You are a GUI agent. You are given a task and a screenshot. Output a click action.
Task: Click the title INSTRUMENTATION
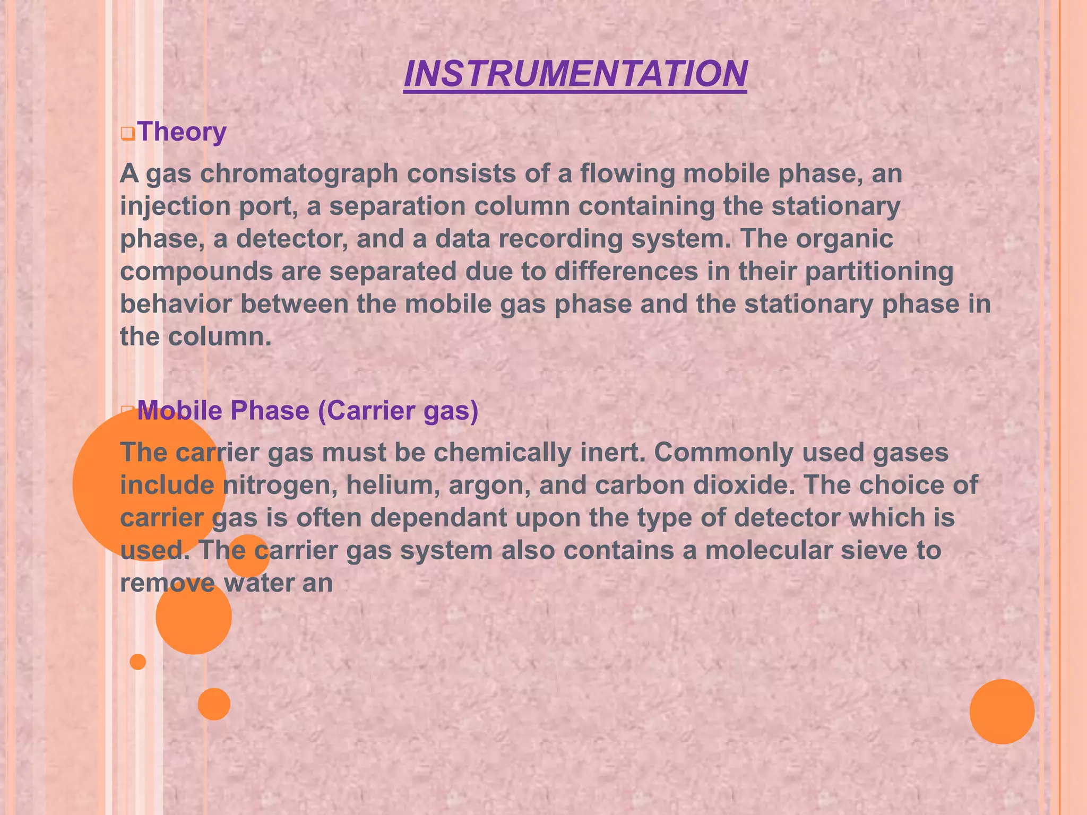(x=575, y=74)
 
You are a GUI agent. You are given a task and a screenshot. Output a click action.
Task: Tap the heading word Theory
(x=182, y=132)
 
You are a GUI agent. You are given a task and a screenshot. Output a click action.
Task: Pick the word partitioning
(x=879, y=272)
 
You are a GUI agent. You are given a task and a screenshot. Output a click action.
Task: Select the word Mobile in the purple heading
(x=178, y=411)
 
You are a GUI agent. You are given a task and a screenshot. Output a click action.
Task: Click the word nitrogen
(x=280, y=485)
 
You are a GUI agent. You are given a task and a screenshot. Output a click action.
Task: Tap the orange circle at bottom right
(x=1002, y=712)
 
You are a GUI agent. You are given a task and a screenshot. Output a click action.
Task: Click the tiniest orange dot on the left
(x=138, y=662)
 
